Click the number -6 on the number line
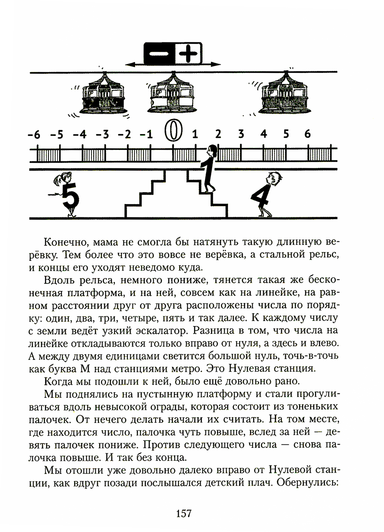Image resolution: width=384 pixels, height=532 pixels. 34,135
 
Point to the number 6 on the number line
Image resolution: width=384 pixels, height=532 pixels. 307,134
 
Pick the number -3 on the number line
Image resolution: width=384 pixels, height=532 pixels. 102,135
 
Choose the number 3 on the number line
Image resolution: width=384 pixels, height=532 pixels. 241,134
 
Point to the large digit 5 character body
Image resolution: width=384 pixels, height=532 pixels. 70,196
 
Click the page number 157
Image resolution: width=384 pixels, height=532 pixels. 183,513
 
